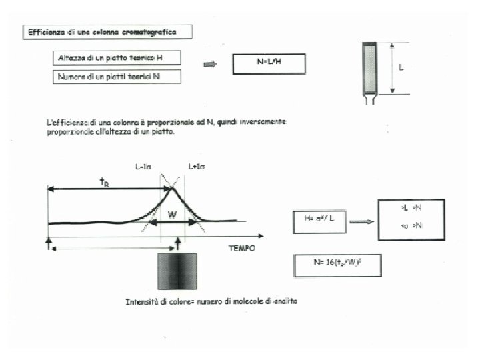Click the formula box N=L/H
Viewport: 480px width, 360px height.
[269, 63]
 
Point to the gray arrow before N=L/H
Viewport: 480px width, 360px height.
[210, 64]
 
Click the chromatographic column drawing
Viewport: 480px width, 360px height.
[370, 70]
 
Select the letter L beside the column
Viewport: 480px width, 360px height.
[401, 68]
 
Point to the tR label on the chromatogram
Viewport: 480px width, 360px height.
[105, 182]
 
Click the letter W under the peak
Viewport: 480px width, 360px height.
[172, 215]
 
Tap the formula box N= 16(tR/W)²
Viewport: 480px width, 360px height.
[337, 265]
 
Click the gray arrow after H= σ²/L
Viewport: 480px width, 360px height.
[361, 221]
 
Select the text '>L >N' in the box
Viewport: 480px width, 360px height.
[411, 208]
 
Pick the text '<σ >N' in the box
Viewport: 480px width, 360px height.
[411, 225]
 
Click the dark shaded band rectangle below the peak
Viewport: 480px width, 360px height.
[177, 271]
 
